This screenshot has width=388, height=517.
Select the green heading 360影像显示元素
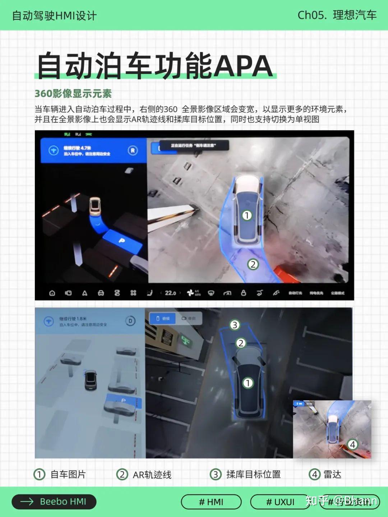tap(73, 94)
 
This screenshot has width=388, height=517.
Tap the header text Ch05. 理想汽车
tap(337, 15)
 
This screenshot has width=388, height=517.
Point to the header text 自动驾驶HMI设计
tap(54, 16)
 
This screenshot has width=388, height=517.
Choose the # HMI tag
tap(211, 502)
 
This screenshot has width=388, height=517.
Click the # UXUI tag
tap(280, 502)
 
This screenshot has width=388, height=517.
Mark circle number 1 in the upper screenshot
tap(247, 215)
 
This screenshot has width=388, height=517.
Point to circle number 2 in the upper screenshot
tap(253, 264)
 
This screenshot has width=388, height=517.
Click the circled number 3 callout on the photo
tap(235, 325)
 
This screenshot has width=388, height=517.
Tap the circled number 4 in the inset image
tap(352, 444)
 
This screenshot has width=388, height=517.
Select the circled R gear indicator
tap(133, 151)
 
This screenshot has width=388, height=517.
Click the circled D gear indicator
tap(130, 321)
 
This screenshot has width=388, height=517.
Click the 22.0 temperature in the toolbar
tap(170, 293)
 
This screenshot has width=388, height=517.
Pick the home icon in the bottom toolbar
tap(52, 293)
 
